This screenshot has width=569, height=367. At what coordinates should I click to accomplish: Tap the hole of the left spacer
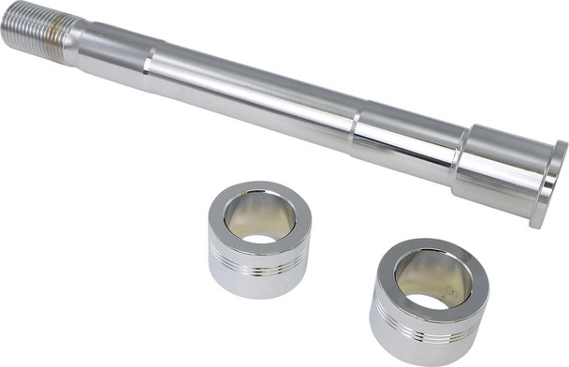click(260, 219)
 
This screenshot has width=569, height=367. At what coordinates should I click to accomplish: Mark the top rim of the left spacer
click(259, 191)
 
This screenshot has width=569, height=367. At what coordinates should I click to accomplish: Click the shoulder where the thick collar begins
click(460, 150)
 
